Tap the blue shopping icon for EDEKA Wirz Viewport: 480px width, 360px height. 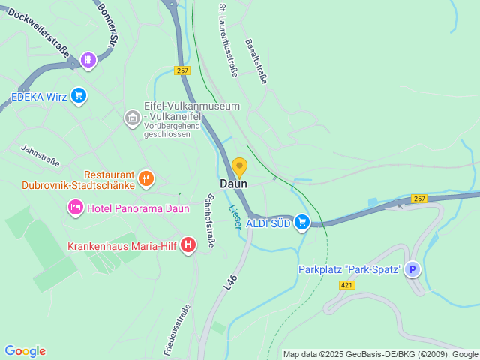(79, 95)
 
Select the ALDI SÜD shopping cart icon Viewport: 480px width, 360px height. (302, 222)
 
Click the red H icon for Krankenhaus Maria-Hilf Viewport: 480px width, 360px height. (188, 244)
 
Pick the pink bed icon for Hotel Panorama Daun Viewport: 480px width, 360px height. (75, 207)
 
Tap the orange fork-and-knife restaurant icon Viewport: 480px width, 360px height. (146, 178)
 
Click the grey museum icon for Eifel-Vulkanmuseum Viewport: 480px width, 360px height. (132, 118)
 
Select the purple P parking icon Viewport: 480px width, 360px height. (412, 269)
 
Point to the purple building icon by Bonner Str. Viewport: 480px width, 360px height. (88, 59)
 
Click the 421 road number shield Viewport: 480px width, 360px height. (346, 285)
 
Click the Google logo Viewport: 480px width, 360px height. (25, 351)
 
